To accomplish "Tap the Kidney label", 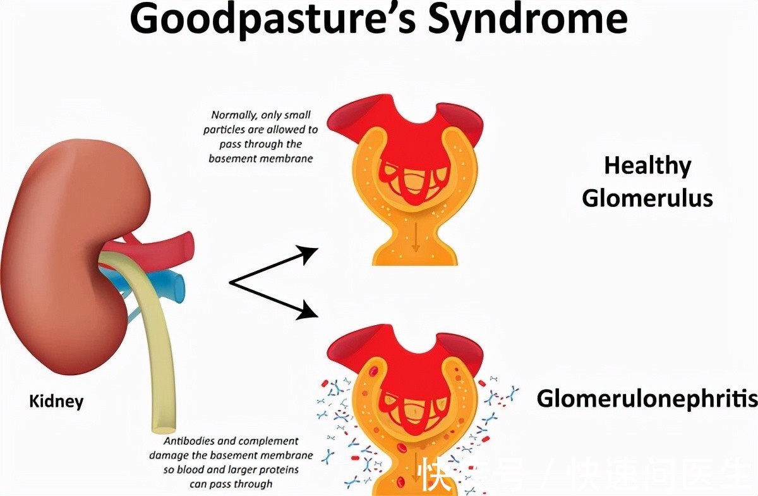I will [x=56, y=401].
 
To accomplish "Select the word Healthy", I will [x=647, y=166].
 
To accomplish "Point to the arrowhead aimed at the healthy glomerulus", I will [x=309, y=254].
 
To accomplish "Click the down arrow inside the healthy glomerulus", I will [x=416, y=241].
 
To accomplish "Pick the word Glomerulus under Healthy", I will [x=647, y=198].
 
